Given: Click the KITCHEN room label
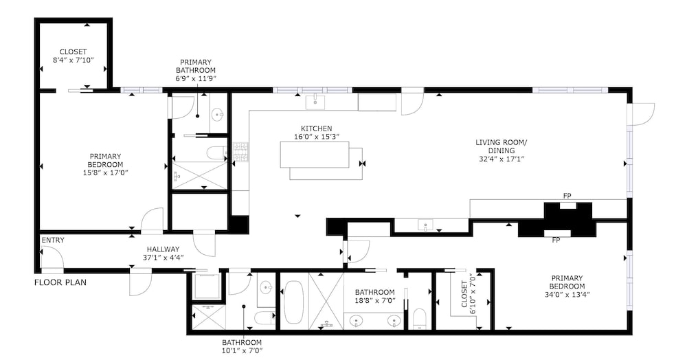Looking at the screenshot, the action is (x=316, y=128).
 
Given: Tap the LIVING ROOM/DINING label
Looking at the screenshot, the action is (x=502, y=147).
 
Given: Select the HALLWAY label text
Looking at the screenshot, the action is (x=163, y=249).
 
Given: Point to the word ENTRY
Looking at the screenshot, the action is (x=53, y=240).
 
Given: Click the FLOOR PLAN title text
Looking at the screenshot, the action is (x=60, y=282).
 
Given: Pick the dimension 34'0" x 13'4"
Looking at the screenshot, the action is (x=567, y=294).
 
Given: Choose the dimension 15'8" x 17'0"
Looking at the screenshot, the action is (x=105, y=172).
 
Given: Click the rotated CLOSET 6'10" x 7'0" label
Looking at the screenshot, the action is (x=468, y=294).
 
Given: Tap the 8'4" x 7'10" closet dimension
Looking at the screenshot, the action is (x=74, y=60).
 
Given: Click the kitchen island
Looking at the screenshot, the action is (x=315, y=154).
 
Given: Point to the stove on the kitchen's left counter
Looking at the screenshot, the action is (x=240, y=153).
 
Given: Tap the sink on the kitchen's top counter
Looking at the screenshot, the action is (x=315, y=102).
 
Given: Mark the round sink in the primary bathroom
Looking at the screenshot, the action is (x=218, y=115).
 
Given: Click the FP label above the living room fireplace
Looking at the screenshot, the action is (x=567, y=196).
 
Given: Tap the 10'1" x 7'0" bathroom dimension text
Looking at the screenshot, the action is (x=242, y=350).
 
